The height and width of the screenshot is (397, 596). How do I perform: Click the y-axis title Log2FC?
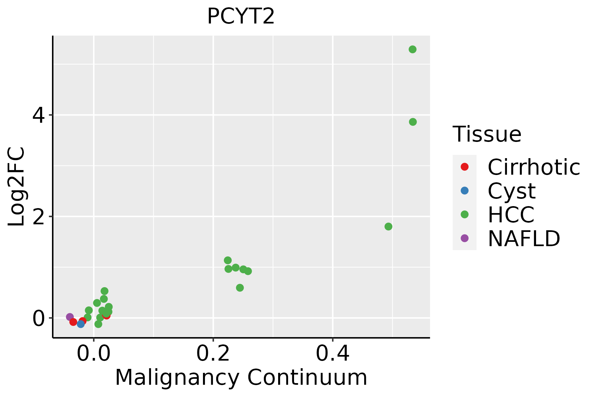point(17,187)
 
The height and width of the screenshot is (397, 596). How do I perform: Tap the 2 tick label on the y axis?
point(38,217)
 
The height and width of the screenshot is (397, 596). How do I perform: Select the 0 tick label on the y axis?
point(38,318)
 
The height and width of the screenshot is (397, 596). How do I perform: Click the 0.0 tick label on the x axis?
point(94,354)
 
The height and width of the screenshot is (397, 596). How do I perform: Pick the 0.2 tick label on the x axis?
point(213,354)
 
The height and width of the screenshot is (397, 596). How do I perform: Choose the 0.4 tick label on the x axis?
point(332,354)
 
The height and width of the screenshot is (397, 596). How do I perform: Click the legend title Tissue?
point(487,134)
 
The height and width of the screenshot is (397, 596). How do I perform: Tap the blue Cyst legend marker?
point(465,191)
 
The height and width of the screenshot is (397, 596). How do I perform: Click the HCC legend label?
point(511,215)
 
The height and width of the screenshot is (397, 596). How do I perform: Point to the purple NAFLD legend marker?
point(465,238)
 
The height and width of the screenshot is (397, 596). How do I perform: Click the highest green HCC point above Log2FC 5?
point(413,50)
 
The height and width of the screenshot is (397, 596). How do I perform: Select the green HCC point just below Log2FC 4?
point(413,122)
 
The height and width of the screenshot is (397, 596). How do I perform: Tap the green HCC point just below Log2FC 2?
point(388,227)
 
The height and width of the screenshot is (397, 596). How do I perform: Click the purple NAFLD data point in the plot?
point(70,317)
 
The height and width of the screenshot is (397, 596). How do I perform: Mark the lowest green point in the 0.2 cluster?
point(240,288)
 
